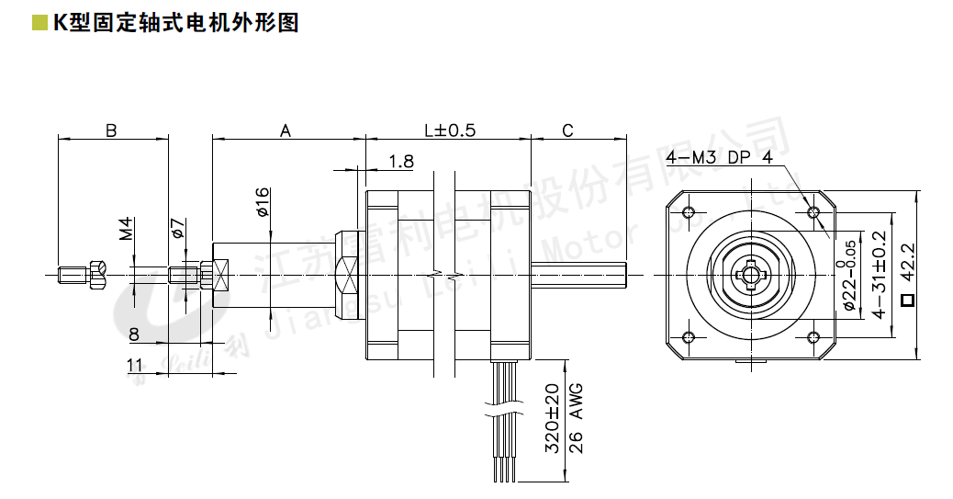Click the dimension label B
coord(111,130)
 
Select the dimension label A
coord(286,130)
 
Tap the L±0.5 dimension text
coord(449,130)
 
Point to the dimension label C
coord(567,130)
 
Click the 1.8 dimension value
coord(401,162)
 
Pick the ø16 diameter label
coord(262,201)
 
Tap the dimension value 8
coord(134,334)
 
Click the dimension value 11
coord(134,365)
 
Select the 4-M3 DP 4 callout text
coord(721,157)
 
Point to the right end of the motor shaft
coord(625,273)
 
